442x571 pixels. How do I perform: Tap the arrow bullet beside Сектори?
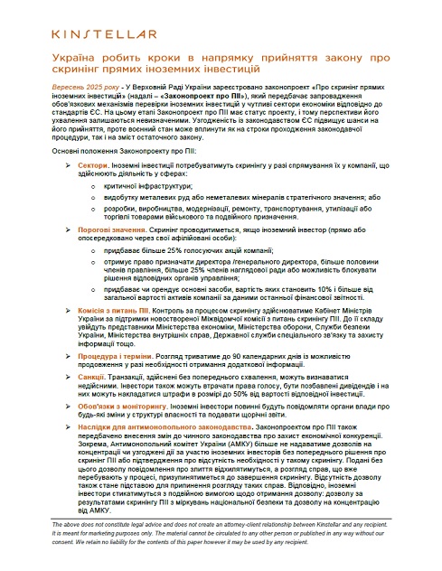click(x=58, y=168)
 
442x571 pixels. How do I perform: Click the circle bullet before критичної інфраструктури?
click(x=82, y=184)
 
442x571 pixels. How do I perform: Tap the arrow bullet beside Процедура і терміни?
click(x=58, y=355)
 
